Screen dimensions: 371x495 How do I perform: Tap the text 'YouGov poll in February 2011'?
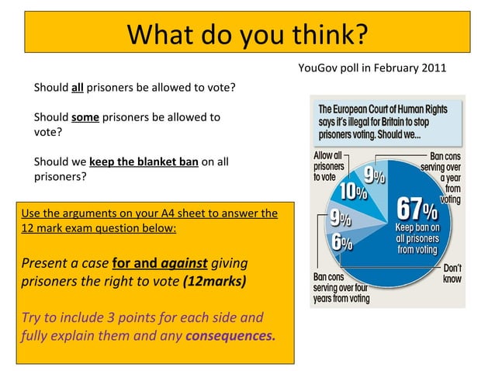[x=372, y=68]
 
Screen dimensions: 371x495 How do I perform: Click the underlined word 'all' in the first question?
[x=77, y=87]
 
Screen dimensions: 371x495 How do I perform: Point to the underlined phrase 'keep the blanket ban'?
[x=144, y=162]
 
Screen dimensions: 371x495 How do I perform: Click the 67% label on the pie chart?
[x=419, y=208]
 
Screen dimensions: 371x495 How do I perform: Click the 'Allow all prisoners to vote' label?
[x=328, y=166]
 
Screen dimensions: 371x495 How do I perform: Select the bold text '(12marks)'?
[x=215, y=280]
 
